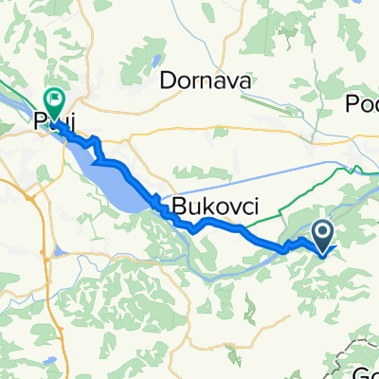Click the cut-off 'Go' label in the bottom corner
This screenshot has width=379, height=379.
(367, 370)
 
